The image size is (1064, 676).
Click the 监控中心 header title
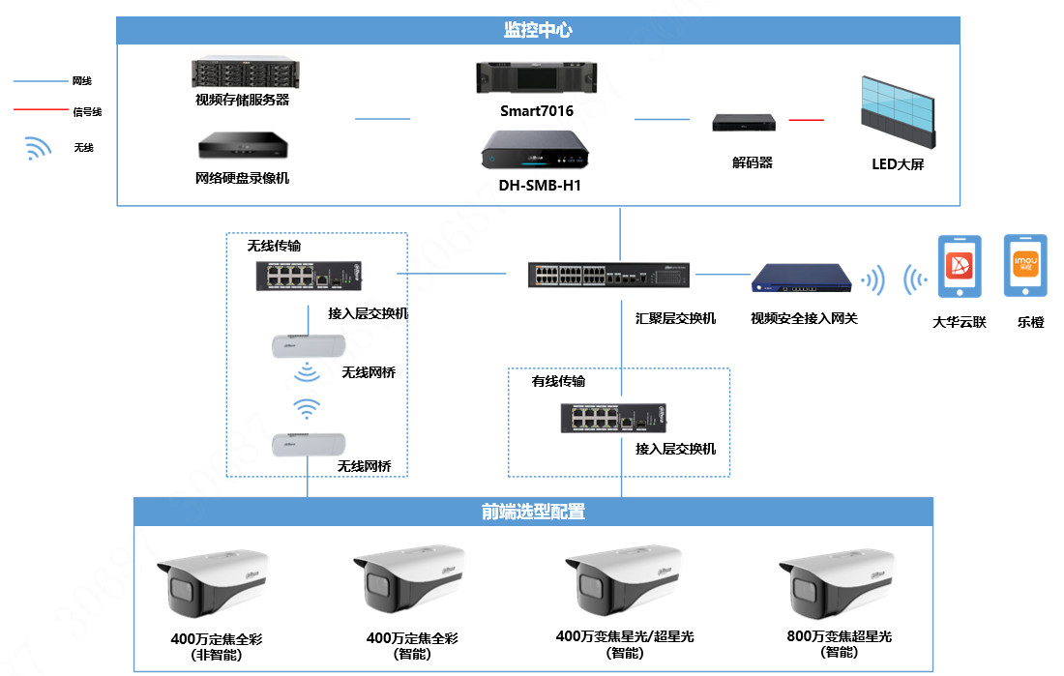click(538, 30)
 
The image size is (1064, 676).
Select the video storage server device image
click(242, 73)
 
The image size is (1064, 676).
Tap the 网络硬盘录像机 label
click(242, 178)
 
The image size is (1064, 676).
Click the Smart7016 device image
click(536, 79)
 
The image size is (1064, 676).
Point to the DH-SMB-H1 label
click(536, 185)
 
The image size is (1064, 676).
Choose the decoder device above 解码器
click(744, 123)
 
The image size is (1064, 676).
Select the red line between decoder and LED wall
click(806, 120)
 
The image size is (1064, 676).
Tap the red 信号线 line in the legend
click(40, 110)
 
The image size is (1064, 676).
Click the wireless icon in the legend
click(38, 148)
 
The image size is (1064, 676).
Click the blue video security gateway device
click(802, 279)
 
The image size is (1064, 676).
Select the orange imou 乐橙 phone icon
click(1024, 266)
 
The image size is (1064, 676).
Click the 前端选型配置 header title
click(533, 512)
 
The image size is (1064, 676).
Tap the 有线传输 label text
click(558, 381)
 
